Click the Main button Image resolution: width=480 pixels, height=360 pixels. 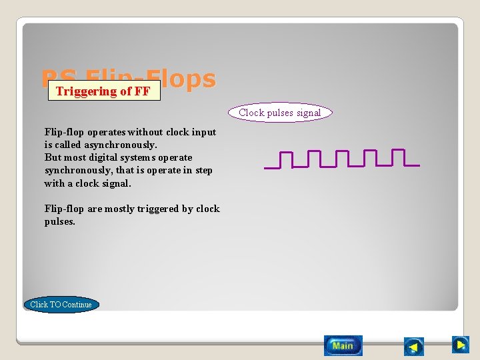pyautogui.click(x=343, y=345)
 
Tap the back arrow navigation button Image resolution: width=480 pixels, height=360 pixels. pyautogui.click(x=414, y=347)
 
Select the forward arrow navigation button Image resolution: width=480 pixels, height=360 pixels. pyautogui.click(x=460, y=345)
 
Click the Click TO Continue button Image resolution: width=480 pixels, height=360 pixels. pyautogui.click(x=61, y=305)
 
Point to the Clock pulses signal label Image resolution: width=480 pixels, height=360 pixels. pyautogui.click(x=280, y=113)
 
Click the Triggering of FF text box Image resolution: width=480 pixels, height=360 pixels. pyautogui.click(x=103, y=91)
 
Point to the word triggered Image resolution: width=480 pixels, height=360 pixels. pyautogui.click(x=158, y=209)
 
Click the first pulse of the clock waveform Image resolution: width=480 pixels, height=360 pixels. pyautogui.click(x=285, y=159)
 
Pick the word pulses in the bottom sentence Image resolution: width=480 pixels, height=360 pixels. pyautogui.click(x=60, y=221)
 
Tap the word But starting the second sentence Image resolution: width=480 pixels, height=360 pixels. pyautogui.click(x=53, y=157)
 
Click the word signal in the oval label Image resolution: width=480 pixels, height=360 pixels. pyautogui.click(x=309, y=113)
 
